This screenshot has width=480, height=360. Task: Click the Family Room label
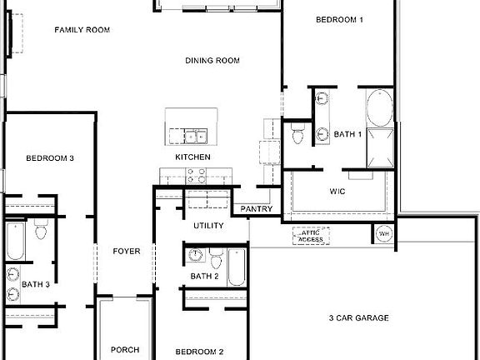point(82,30)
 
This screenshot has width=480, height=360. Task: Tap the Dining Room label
point(212,60)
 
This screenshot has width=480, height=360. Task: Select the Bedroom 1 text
point(339,19)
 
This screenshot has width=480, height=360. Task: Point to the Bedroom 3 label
point(50,157)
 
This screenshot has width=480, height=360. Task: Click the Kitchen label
point(192,157)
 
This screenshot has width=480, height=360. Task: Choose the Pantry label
point(257,209)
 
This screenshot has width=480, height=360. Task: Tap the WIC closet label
point(338,191)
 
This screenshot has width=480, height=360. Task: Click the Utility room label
point(208,226)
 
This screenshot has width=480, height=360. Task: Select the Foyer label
point(127,251)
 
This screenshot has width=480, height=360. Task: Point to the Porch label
point(125,350)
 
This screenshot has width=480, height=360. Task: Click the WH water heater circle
point(384,233)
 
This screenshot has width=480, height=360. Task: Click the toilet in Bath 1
point(298,133)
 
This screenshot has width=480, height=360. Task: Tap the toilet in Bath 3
point(40,231)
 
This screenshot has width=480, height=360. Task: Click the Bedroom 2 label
point(198,351)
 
